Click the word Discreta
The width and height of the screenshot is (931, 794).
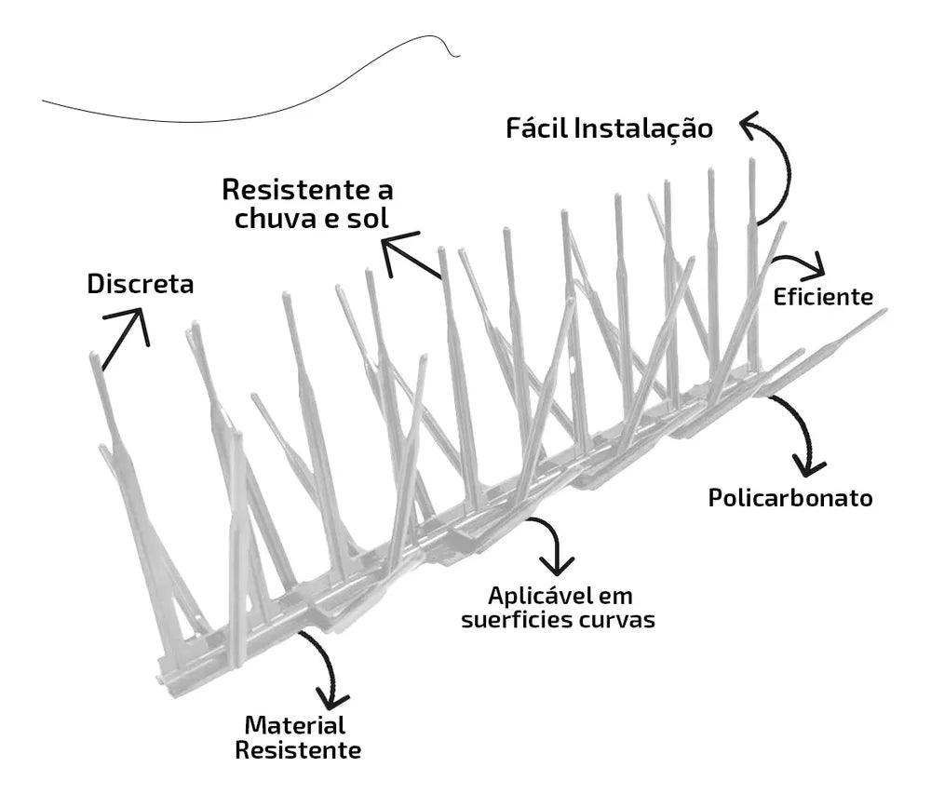141,284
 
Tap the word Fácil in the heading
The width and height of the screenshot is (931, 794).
537,128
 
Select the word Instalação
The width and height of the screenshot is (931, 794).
643,129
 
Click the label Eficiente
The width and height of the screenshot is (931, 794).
823,296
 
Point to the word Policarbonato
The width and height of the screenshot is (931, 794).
790,497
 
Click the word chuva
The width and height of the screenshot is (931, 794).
276,218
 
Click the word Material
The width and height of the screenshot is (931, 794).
294,725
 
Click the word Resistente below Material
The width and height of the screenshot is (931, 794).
298,750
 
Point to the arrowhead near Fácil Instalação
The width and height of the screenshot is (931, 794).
750,124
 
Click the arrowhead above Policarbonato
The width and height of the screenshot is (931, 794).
808,465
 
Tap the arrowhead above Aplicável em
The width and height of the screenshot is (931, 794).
557,566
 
